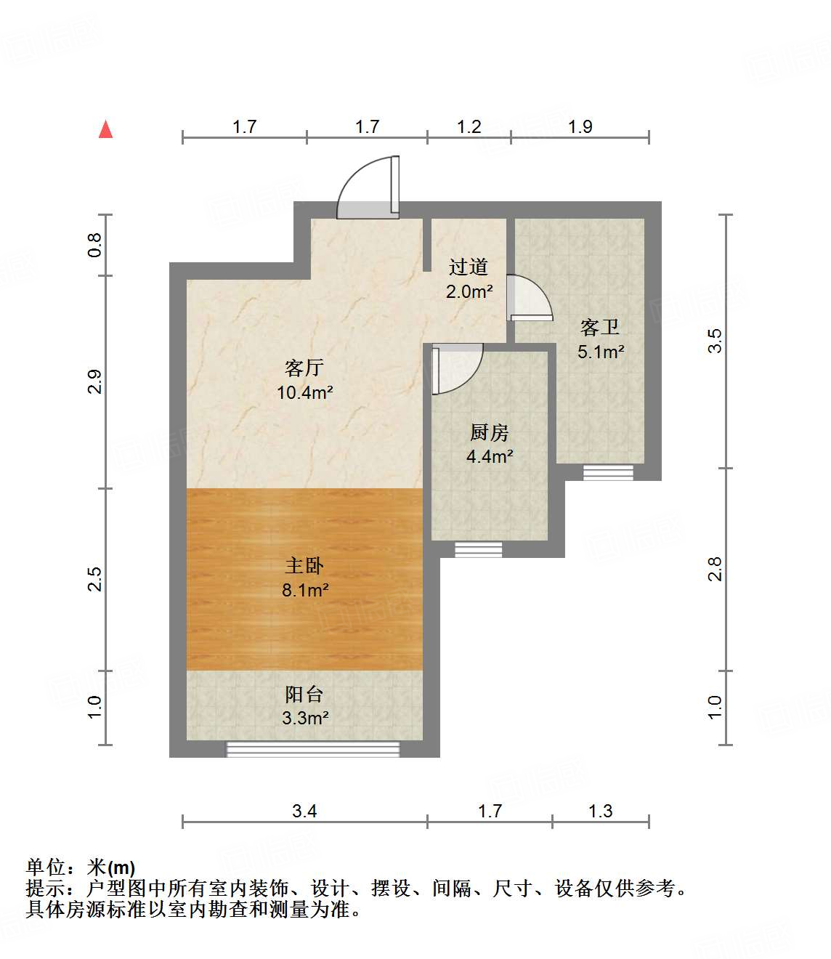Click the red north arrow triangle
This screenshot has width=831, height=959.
point(106,129)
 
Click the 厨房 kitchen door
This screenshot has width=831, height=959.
point(456,368)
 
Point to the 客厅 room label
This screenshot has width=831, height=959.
point(304,368)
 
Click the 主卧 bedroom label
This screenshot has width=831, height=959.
point(304,565)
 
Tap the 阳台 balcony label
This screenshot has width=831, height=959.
point(304,695)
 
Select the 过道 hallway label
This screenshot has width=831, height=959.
point(469,267)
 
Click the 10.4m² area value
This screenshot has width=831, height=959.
point(304,393)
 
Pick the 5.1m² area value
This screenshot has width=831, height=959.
point(601,352)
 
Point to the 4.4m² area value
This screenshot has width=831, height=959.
point(490,457)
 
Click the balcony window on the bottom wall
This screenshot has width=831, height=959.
point(313,749)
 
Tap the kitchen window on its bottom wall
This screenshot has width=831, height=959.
point(478,550)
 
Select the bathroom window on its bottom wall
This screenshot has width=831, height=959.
point(608,473)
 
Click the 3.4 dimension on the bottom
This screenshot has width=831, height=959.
point(304,811)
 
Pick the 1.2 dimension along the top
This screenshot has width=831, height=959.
point(469,127)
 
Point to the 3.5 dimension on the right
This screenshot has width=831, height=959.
point(716,341)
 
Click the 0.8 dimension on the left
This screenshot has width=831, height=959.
point(94,245)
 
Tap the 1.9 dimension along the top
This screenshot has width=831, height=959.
point(580,127)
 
